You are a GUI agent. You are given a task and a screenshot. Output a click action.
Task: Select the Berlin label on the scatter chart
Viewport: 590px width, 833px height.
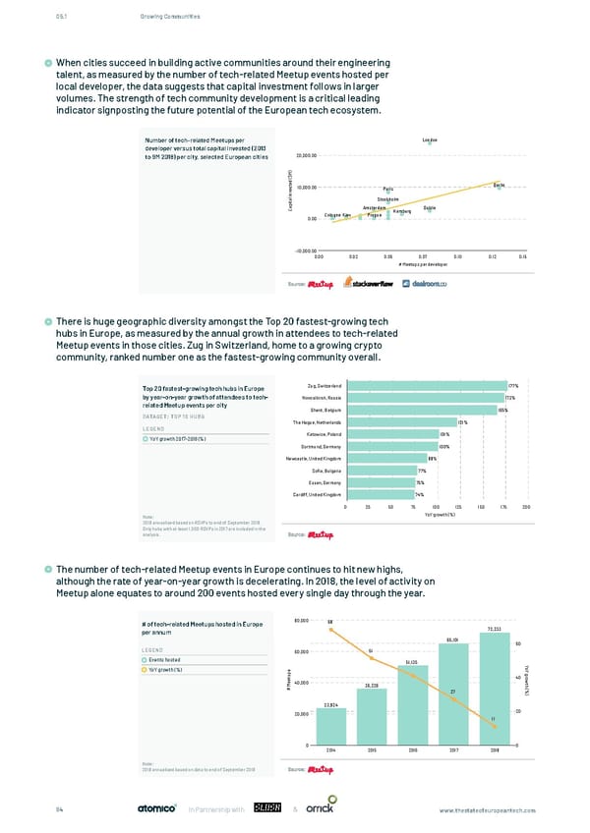499,185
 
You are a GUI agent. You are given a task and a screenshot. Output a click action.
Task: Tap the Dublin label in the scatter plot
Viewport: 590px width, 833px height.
430,207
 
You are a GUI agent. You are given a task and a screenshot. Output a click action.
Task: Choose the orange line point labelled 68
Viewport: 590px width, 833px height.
330,620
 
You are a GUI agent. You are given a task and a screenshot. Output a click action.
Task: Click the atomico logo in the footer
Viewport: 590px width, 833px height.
154,808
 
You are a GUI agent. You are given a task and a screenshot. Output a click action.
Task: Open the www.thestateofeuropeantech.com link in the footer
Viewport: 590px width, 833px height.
493,808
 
